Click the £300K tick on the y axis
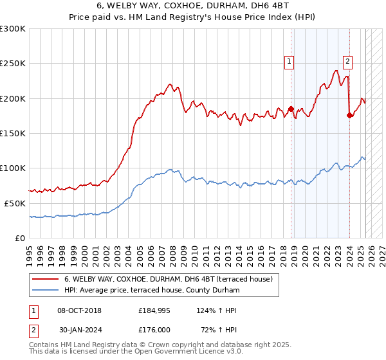13,29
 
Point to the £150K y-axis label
13,134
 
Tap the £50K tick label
15,203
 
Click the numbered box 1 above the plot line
289,62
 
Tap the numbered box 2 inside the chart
347,62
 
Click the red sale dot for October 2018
291,109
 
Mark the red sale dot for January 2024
349,116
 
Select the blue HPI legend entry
151,291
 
